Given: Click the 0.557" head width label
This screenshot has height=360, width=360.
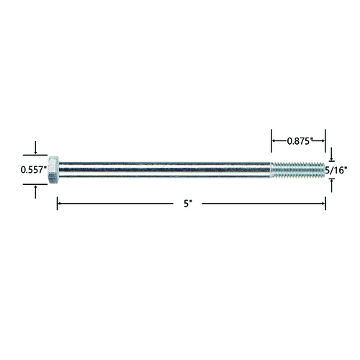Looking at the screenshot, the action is click(34, 170).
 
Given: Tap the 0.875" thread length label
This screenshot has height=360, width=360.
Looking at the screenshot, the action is click(299, 141).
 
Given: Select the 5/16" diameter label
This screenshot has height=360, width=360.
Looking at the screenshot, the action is click(336, 170).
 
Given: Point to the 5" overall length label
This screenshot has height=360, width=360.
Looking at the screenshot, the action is click(188, 204).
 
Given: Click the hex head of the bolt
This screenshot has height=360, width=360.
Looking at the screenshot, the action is click(53, 170).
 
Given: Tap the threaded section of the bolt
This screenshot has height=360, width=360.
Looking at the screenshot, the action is click(297, 170).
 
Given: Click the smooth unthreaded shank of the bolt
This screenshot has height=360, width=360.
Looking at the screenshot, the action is click(165, 170).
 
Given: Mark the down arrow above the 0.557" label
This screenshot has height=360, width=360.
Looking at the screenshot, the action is click(35, 148).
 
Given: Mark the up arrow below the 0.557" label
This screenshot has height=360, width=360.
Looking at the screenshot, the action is click(35, 192).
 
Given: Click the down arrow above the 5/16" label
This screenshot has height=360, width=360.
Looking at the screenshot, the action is click(332, 154).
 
